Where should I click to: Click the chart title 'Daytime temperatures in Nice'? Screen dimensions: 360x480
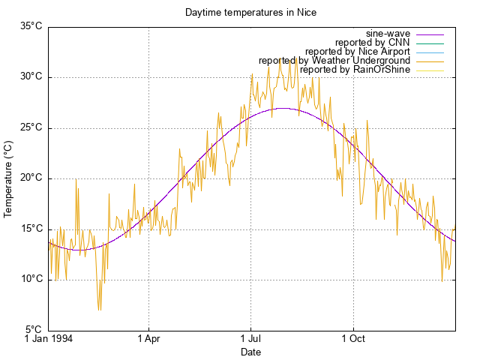coord(250,13)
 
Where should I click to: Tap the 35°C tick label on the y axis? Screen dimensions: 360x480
coord(31,26)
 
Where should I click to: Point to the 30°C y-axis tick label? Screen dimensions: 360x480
coord(31,77)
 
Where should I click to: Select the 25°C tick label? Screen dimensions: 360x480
coord(31,127)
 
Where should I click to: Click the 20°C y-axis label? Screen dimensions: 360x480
coord(31,178)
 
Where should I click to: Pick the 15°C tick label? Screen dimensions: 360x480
coord(31,229)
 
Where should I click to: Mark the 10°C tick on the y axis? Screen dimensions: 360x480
coord(31,280)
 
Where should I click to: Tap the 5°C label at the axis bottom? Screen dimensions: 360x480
coord(33,330)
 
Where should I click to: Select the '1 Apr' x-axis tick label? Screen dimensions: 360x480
coord(148,339)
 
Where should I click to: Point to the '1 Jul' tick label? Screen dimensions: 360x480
coord(250,339)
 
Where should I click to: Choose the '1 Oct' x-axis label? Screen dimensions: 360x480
coord(352,339)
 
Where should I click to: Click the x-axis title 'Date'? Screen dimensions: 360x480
coord(250,352)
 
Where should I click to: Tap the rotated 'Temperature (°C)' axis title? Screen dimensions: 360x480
coord(9,178)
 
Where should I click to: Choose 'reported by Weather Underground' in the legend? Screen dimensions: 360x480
coord(334,61)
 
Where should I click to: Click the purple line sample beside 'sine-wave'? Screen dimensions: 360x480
coord(430,34)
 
